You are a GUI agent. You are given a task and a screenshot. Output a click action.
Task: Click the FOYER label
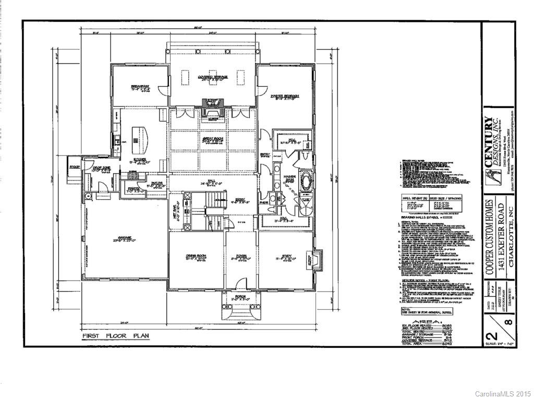click(x=241, y=257)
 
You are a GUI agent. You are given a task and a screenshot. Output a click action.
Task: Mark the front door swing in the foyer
click(x=240, y=285)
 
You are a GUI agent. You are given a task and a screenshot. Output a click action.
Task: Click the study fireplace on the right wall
click(x=312, y=259)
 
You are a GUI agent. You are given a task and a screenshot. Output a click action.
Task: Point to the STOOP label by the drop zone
click(x=76, y=167)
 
